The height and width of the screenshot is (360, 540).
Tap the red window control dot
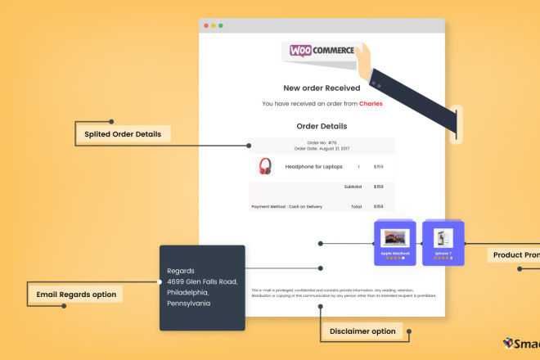[x=206, y=25]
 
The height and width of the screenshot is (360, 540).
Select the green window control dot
[x=221, y=25]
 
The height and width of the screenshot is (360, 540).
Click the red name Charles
[x=371, y=104]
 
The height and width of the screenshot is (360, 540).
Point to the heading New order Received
[x=322, y=88]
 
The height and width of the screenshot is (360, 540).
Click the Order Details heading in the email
[x=322, y=126]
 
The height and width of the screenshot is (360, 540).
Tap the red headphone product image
[x=266, y=166]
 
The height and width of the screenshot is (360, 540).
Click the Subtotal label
[x=353, y=187]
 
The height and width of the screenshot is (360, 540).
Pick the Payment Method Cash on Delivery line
[x=285, y=207]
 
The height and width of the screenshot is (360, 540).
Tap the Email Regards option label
[x=76, y=294]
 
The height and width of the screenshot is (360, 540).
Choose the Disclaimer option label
[x=362, y=331]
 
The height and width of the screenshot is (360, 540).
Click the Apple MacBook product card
[x=394, y=242]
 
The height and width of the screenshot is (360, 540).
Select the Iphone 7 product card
[x=443, y=242]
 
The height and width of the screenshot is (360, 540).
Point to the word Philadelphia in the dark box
[x=188, y=292]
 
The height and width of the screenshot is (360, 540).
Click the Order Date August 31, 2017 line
[x=322, y=148]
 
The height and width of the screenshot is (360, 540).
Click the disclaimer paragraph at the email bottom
[x=344, y=293]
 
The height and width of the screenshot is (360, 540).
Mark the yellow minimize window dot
[x=214, y=25]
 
